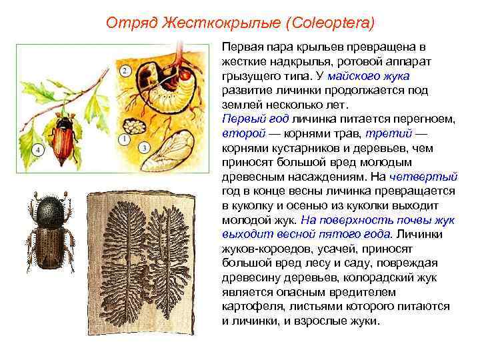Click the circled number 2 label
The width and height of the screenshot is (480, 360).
[x=124, y=71]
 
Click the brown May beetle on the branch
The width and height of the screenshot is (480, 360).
[x=61, y=141]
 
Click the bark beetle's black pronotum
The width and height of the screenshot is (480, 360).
[x=50, y=213]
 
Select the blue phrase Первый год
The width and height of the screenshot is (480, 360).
[x=247, y=119]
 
